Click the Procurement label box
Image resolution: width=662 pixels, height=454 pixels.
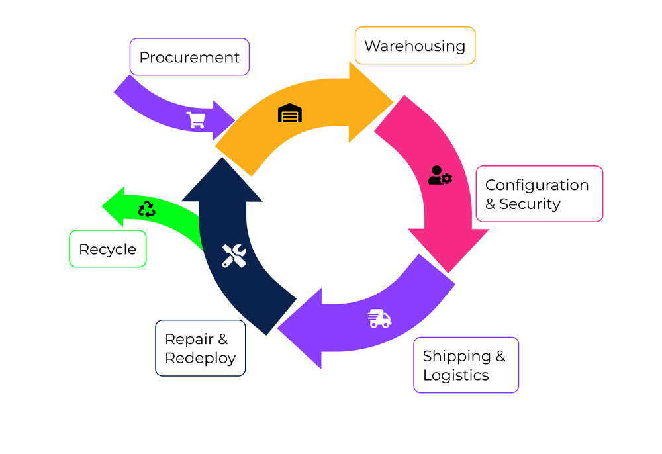tap(189, 57)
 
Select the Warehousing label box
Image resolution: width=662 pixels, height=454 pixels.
tap(414, 46)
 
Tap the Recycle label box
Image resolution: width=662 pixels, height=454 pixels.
tap(107, 249)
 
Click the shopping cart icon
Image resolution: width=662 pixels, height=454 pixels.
tap(196, 120)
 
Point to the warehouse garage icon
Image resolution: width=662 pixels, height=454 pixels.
tap(289, 113)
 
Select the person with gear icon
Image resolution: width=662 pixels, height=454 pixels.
tap(440, 175)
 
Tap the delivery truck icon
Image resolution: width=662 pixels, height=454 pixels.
tap(379, 318)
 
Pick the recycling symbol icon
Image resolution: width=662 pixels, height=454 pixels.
tap(146, 209)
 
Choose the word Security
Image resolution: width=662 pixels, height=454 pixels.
tap(530, 204)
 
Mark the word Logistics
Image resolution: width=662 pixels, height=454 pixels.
tap(455, 375)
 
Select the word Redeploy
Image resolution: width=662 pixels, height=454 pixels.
tap(200, 358)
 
